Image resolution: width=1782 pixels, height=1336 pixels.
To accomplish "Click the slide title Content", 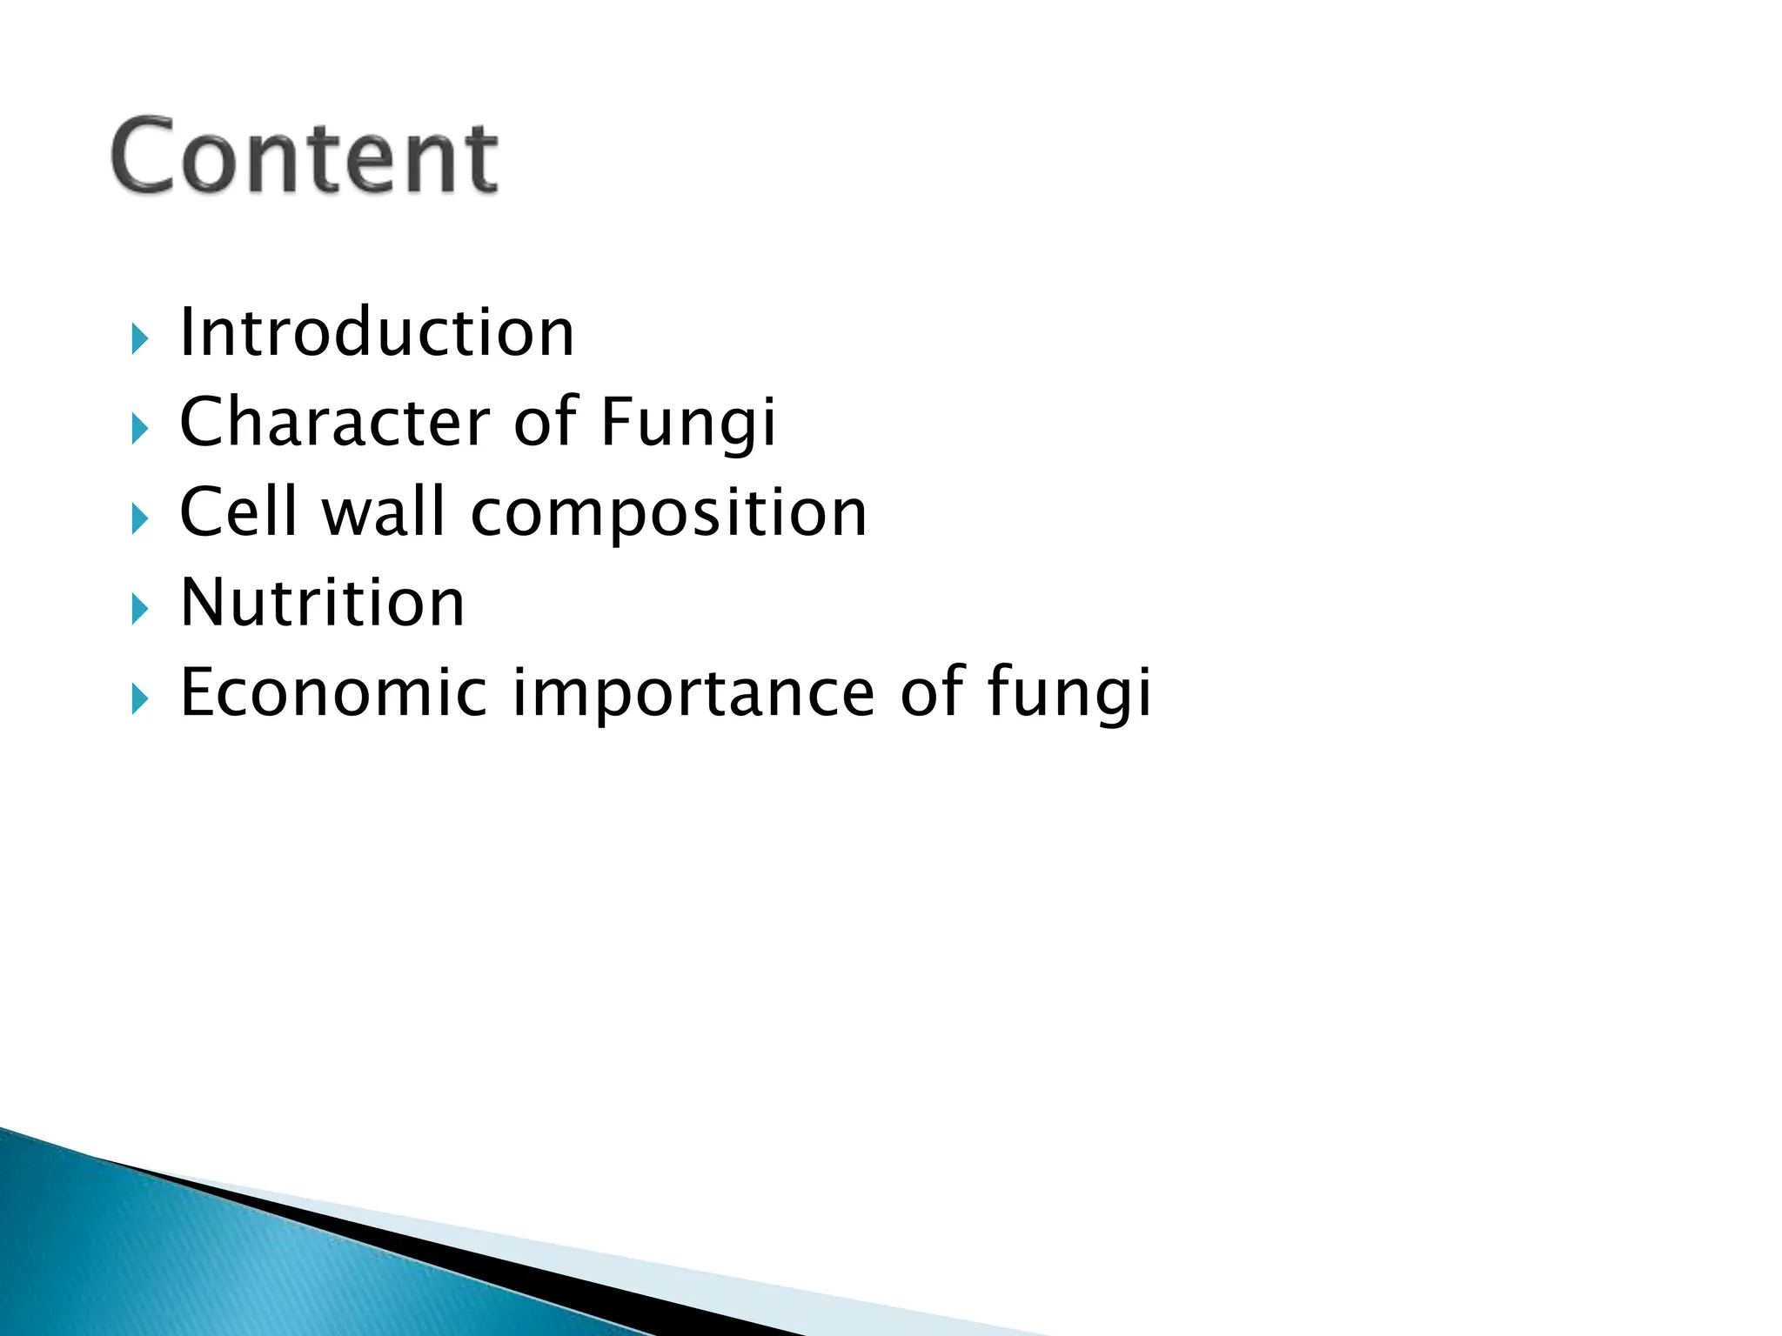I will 305,157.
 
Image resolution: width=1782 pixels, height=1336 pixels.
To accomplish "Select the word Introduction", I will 376,333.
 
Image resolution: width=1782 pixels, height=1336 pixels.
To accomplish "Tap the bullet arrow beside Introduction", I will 140,339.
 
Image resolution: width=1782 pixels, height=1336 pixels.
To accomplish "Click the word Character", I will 335,423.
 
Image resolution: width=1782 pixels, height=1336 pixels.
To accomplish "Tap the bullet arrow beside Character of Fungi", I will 140,429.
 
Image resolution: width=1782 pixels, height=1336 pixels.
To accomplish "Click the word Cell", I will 238,512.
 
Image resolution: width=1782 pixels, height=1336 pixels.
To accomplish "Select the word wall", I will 384,512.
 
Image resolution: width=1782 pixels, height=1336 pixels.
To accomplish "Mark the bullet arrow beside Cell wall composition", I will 140,519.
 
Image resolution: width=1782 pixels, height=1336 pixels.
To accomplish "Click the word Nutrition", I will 322,603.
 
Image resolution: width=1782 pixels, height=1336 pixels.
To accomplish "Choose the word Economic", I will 333,692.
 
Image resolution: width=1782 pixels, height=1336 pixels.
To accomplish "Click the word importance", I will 693,694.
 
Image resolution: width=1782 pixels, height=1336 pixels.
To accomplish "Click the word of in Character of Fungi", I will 546,423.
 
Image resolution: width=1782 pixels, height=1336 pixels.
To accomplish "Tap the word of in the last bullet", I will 931,692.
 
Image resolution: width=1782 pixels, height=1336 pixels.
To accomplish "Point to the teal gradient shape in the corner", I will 174,1261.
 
